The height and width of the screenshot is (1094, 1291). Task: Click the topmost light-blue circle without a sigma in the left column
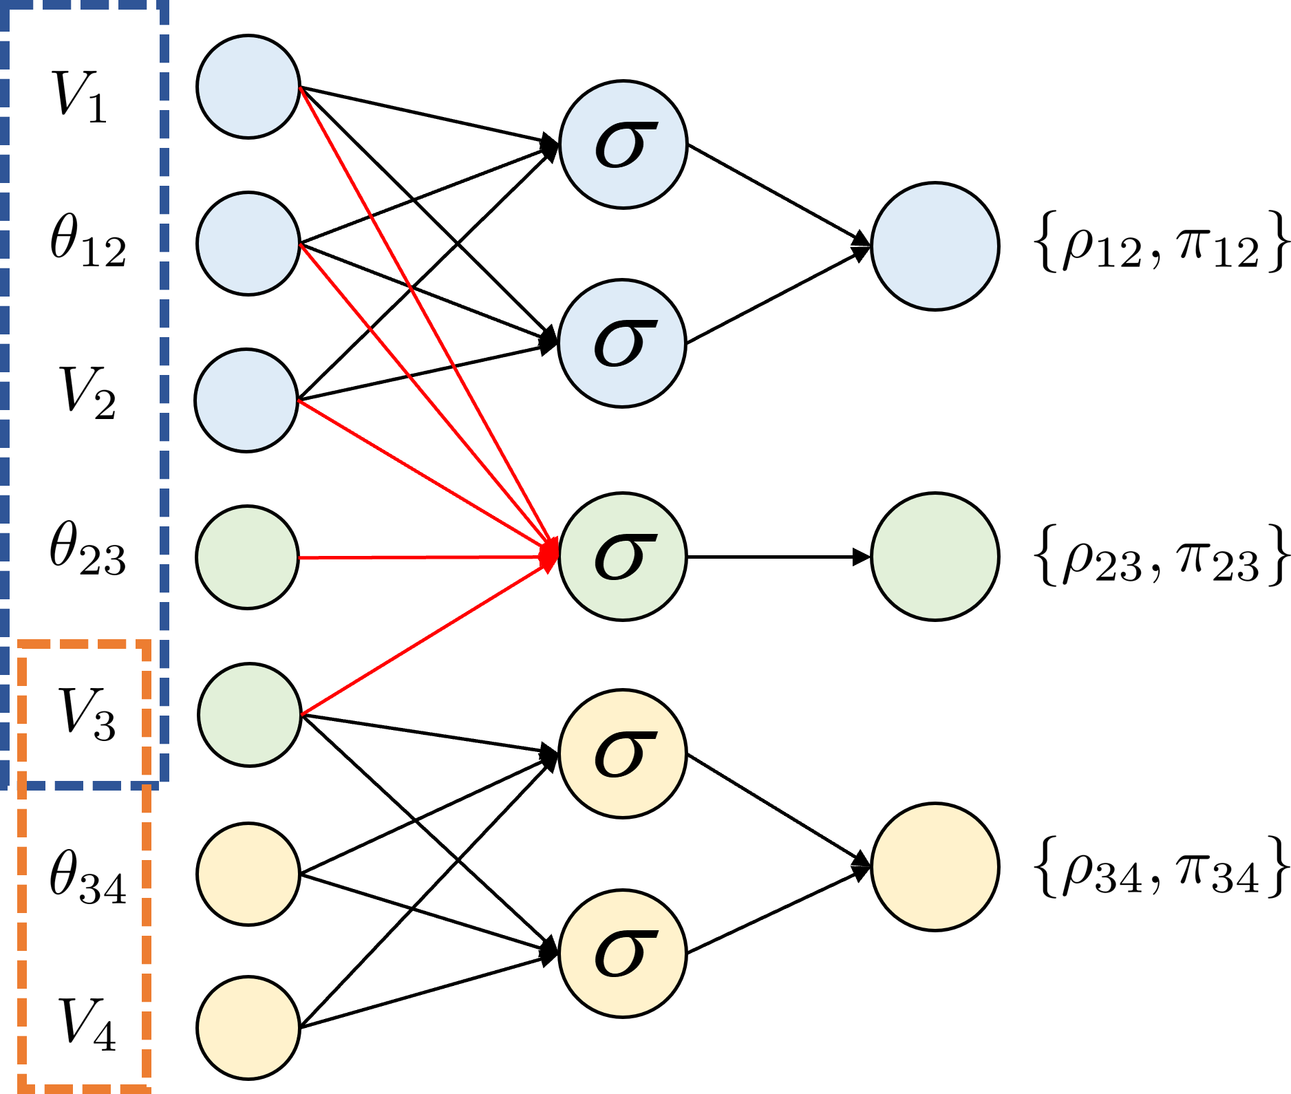[248, 87]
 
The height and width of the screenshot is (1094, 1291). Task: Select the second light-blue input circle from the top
[248, 244]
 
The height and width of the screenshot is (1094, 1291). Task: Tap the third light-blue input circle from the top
[246, 400]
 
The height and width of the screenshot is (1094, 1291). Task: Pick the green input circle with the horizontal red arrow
[247, 557]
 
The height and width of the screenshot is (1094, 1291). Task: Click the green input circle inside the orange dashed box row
[250, 714]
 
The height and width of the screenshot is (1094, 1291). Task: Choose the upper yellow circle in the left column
[248, 874]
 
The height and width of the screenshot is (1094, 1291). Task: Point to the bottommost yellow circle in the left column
[248, 1027]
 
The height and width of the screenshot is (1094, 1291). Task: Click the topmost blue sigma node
[623, 144]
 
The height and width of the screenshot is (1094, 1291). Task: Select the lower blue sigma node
[621, 343]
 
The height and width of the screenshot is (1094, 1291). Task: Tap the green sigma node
[622, 557]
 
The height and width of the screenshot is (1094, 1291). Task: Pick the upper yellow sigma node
[622, 753]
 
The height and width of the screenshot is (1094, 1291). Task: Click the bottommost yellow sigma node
[622, 953]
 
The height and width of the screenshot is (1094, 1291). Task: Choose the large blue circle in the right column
[935, 246]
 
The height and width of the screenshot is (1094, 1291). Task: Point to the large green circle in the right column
[935, 557]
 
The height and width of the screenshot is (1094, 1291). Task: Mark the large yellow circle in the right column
[935, 867]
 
